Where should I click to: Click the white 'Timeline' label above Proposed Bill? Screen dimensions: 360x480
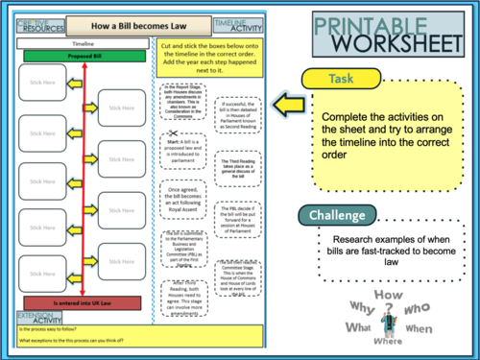tap(84, 43)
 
